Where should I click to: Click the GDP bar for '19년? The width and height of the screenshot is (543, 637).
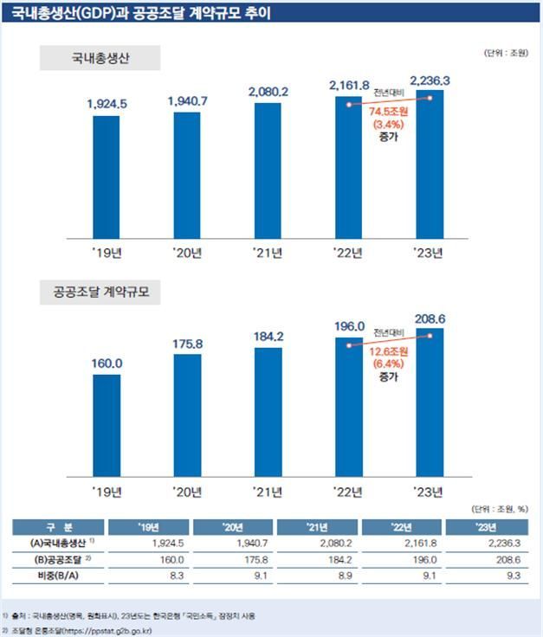pos(107,177)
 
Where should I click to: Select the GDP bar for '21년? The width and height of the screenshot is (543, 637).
pos(268,171)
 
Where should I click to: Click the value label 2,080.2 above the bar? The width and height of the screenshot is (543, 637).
pos(268,92)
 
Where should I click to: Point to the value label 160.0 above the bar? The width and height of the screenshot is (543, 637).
pos(107,364)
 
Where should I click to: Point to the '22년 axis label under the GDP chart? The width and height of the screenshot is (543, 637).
pos(349,253)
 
